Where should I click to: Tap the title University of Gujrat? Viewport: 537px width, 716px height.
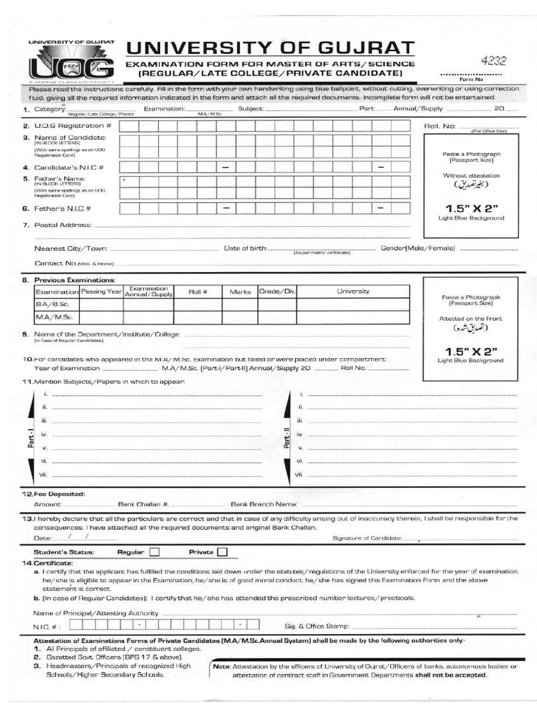coord(270,48)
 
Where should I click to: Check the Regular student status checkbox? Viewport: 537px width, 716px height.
coord(155,552)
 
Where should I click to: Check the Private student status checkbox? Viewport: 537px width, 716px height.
coord(222,552)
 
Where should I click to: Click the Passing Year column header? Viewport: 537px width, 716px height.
coord(101,291)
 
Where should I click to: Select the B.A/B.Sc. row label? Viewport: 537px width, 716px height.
coord(48,305)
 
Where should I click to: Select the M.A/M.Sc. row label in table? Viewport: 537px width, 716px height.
coord(50,317)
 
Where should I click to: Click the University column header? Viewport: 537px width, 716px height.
coord(353,291)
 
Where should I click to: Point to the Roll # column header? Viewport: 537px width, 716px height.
coord(198,292)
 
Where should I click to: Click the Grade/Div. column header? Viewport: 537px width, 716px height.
coord(278,291)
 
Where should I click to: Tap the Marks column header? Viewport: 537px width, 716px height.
coord(240,292)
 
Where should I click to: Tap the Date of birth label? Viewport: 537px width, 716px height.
coord(245,248)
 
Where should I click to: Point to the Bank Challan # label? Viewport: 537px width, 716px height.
coord(143,503)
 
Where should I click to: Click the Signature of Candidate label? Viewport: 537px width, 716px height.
coord(367,538)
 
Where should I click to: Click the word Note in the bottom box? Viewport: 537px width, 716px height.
coord(222,666)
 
